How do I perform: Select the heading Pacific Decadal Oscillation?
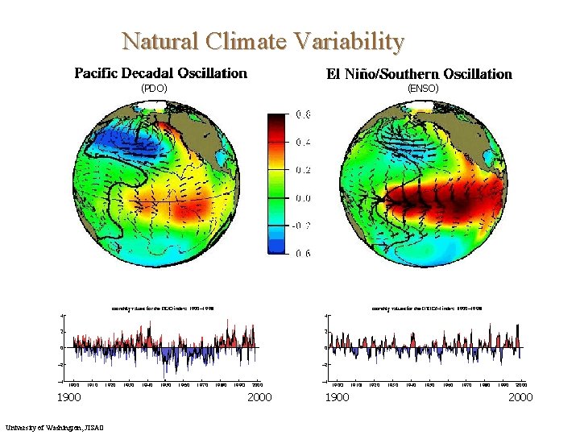[x=161, y=73]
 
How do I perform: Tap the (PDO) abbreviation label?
[x=154, y=88]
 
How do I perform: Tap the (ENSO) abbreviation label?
[x=423, y=88]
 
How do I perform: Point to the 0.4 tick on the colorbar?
[x=304, y=143]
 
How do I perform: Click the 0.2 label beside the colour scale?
[x=304, y=170]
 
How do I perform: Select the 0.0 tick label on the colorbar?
[x=304, y=198]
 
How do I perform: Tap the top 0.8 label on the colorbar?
[x=304, y=115]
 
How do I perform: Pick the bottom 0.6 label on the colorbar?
[x=304, y=254]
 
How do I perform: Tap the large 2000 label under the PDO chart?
[x=259, y=397]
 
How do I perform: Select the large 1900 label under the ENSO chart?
[x=337, y=397]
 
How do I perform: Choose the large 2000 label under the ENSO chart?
[x=520, y=397]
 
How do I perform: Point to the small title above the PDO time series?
[x=162, y=307]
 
